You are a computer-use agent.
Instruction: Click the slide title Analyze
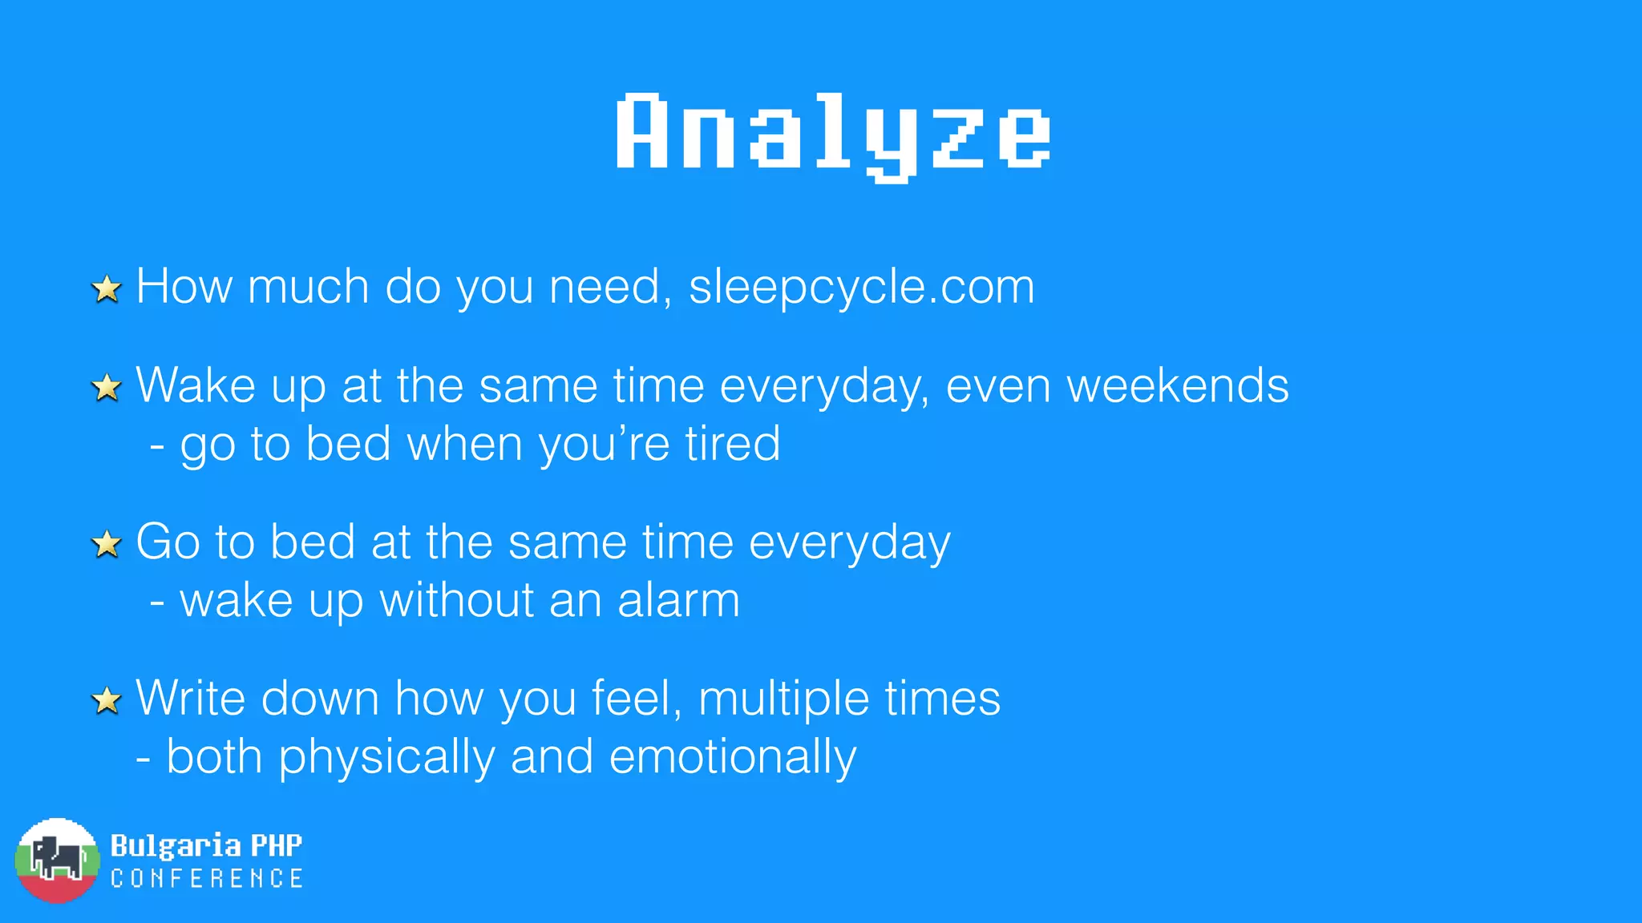point(833,134)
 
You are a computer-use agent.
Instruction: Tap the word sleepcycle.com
point(862,286)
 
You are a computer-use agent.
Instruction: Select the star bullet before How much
point(107,289)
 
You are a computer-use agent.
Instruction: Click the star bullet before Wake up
point(107,389)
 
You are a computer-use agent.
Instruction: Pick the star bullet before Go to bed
point(107,545)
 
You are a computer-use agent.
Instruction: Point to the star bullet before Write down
point(107,701)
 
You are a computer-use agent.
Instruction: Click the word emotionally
point(733,757)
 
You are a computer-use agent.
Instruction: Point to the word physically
point(386,757)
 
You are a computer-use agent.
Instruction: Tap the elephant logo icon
point(56,860)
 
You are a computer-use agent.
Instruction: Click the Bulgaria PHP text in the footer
point(206,845)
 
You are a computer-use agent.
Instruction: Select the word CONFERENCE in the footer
point(207,879)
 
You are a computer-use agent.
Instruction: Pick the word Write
point(191,698)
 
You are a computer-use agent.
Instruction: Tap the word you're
point(604,443)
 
